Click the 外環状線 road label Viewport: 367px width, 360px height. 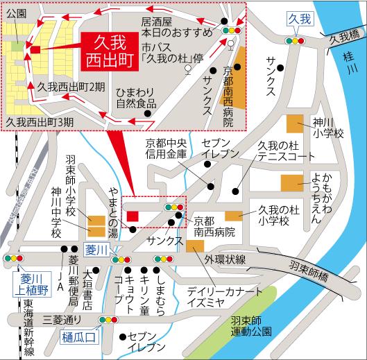225,259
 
